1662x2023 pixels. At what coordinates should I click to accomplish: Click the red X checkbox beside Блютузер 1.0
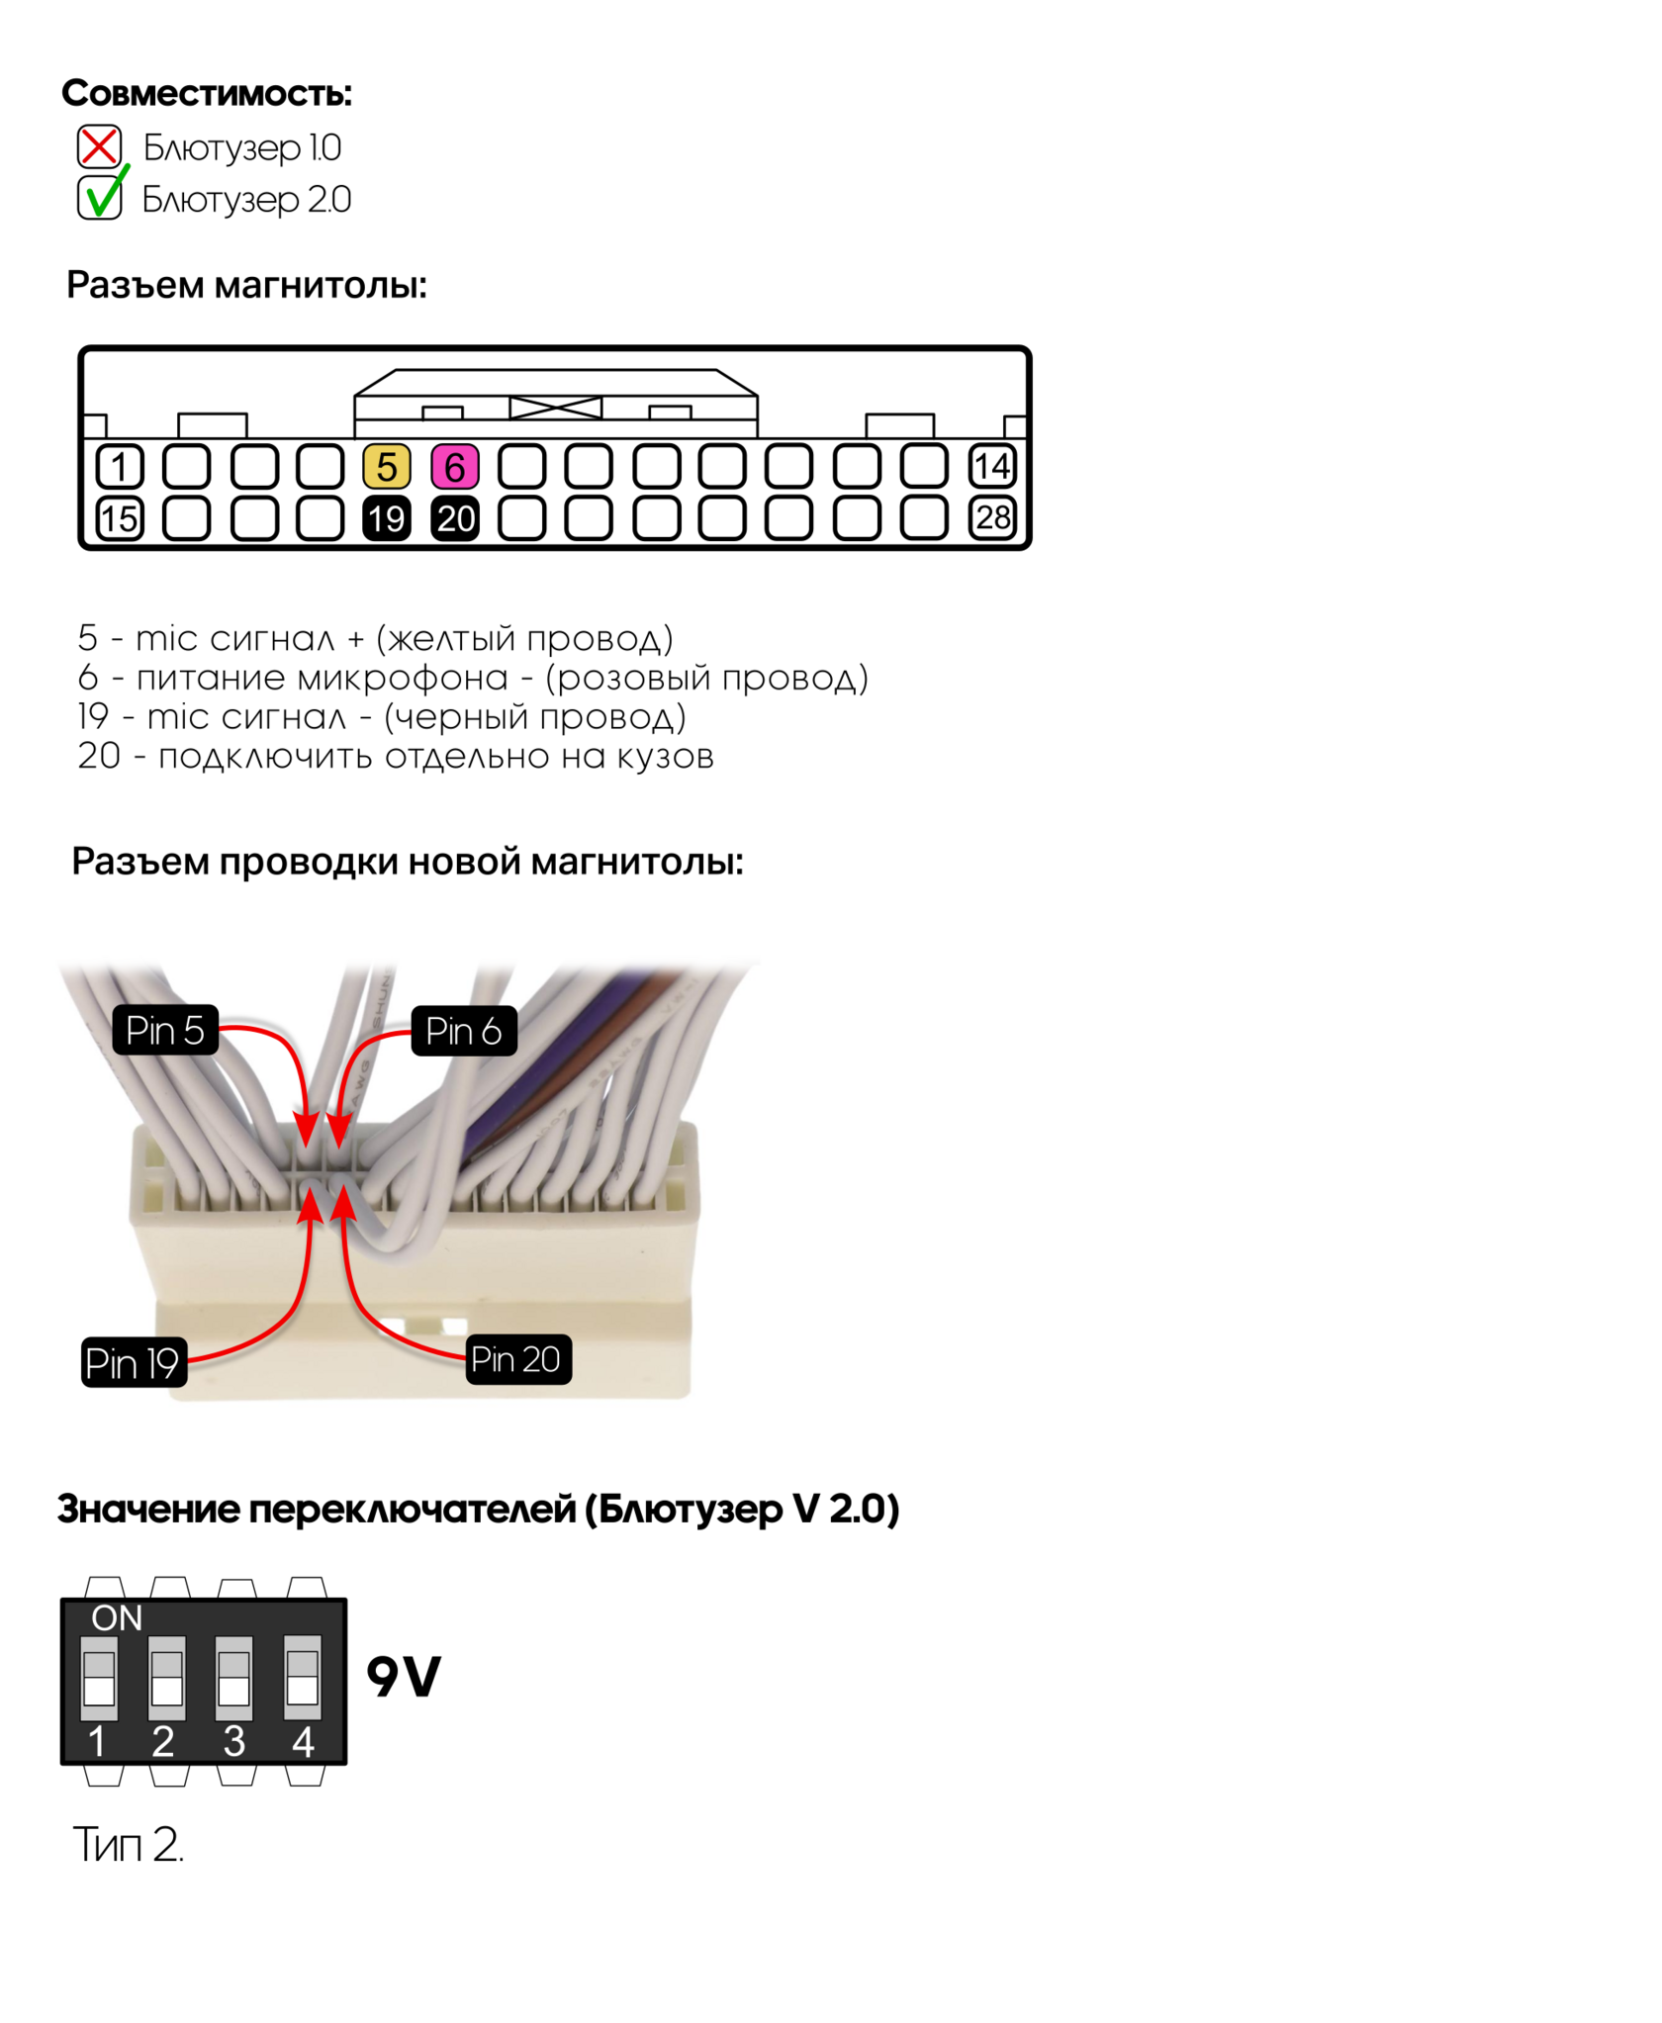pos(99,146)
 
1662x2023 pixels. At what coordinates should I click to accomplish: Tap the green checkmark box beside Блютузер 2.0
pos(99,198)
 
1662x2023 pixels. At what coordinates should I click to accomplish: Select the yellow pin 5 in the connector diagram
pos(387,467)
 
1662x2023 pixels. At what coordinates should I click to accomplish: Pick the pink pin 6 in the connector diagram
pos(455,467)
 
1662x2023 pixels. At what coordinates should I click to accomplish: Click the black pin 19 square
pos(387,518)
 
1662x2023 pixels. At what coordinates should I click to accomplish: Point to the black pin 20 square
pos(455,518)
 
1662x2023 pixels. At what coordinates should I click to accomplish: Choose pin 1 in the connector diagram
pos(120,467)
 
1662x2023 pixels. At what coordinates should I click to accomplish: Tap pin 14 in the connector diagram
pos(992,467)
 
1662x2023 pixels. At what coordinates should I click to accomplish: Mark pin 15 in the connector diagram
pos(120,518)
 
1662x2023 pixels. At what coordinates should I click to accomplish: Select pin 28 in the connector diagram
pos(992,518)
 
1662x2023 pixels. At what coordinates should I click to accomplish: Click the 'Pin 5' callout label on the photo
pos(165,1031)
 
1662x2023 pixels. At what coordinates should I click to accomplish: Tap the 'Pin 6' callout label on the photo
pos(464,1032)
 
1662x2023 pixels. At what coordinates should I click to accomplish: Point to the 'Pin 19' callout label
pos(133,1363)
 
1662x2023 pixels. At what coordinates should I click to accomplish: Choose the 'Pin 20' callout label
pos(517,1359)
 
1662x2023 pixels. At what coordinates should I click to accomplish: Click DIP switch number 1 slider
pos(99,1678)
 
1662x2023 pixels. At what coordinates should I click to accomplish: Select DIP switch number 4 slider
pos(303,1678)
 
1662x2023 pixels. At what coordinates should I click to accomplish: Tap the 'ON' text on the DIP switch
pos(117,1618)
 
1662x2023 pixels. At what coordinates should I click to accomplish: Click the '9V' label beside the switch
pos(404,1678)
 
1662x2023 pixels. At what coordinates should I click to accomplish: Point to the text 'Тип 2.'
pos(129,1845)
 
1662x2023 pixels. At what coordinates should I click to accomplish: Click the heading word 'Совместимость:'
pos(207,93)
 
